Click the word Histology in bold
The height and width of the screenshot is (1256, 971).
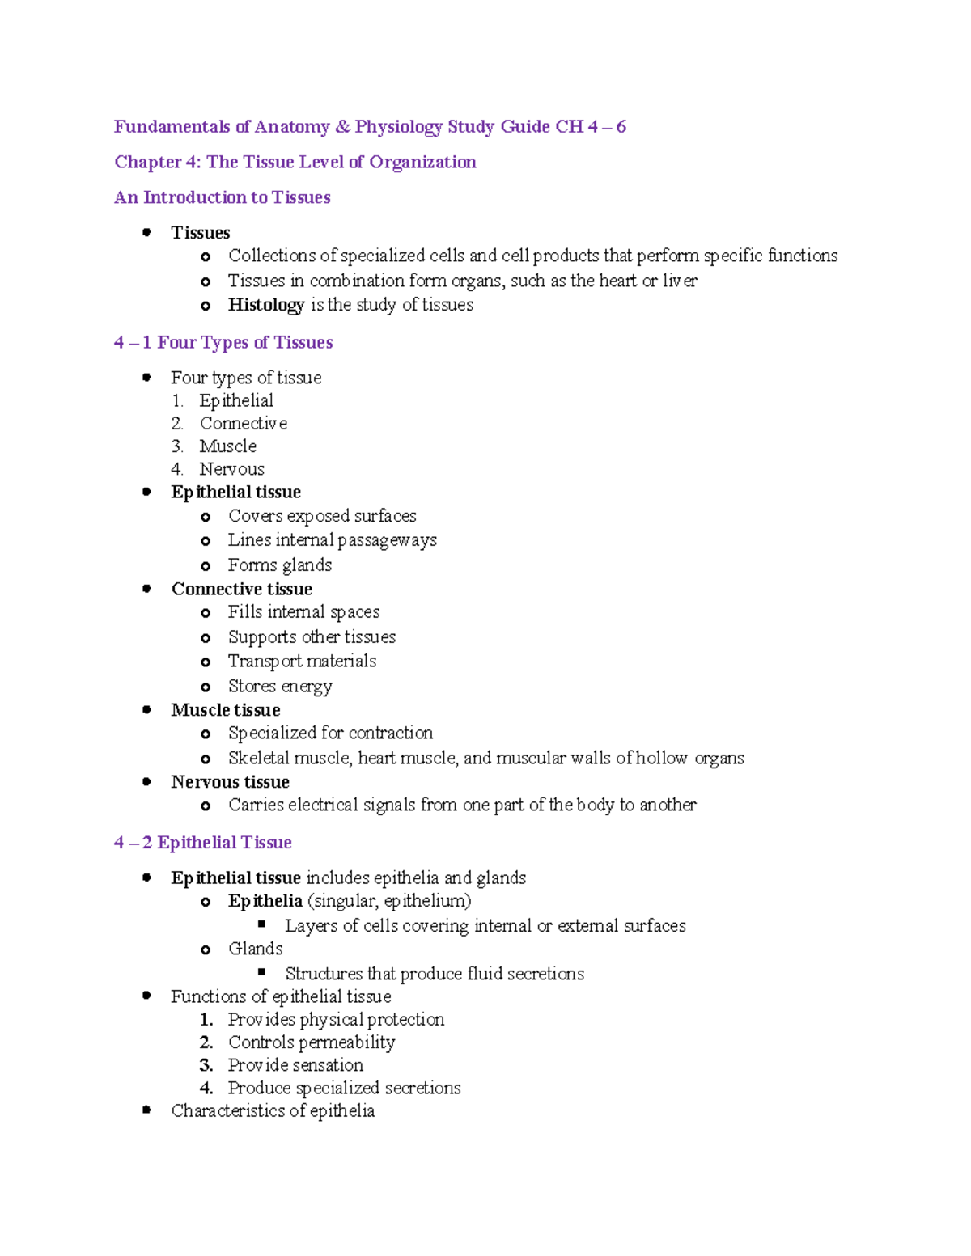pyautogui.click(x=265, y=305)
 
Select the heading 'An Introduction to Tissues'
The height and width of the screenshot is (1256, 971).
pyautogui.click(x=223, y=197)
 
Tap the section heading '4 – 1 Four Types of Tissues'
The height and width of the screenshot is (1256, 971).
pyautogui.click(x=223, y=342)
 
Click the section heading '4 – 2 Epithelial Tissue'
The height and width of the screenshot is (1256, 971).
pyautogui.click(x=203, y=843)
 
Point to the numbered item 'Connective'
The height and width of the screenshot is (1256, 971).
pyautogui.click(x=243, y=423)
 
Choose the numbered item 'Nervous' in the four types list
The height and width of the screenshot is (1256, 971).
pyautogui.click(x=231, y=469)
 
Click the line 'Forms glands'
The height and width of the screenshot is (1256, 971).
pyautogui.click(x=280, y=565)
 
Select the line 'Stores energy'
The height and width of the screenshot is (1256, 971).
pyautogui.click(x=280, y=686)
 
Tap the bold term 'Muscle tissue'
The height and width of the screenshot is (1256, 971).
pyautogui.click(x=226, y=710)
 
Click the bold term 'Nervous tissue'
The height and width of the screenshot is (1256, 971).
pyautogui.click(x=230, y=782)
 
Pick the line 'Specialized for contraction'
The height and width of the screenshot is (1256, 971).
pyautogui.click(x=330, y=733)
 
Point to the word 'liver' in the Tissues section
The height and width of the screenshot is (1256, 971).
pyautogui.click(x=680, y=281)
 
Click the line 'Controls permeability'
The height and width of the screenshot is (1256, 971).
pyautogui.click(x=312, y=1042)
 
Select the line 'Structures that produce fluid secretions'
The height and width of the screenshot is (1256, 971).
pyautogui.click(x=435, y=974)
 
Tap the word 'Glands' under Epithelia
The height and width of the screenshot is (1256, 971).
pyautogui.click(x=256, y=949)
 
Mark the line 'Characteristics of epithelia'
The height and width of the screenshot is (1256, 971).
pyautogui.click(x=273, y=1111)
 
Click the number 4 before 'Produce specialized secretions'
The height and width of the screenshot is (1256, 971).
pyautogui.click(x=206, y=1088)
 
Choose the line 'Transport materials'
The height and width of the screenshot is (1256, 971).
pyautogui.click(x=302, y=662)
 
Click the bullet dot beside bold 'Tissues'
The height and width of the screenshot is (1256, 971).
pyautogui.click(x=146, y=232)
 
